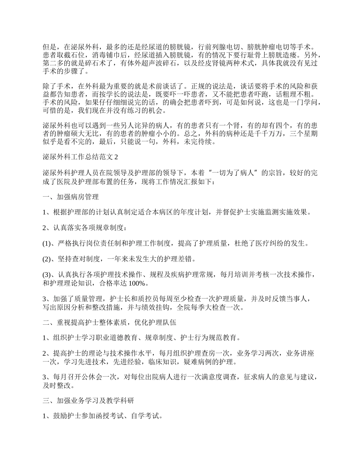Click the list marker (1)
46,243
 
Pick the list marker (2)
46,259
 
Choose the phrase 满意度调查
226,377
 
